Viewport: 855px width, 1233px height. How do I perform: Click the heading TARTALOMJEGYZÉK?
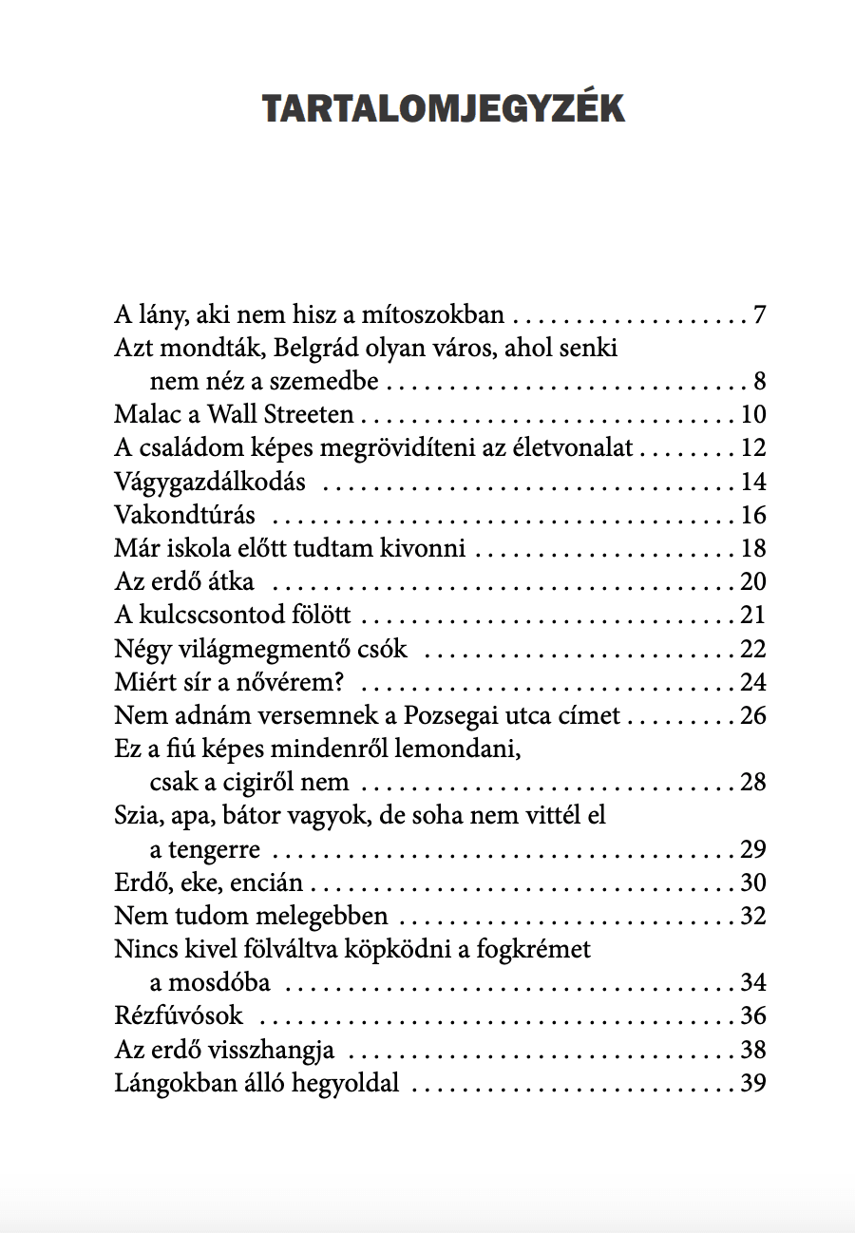[444, 109]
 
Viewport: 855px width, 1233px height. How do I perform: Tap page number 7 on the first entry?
[759, 314]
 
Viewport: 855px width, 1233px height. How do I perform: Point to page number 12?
[752, 448]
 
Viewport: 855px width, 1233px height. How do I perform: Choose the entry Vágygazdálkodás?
[210, 482]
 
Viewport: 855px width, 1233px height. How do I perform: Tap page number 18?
[752, 548]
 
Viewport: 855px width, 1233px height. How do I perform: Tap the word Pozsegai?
[473, 715]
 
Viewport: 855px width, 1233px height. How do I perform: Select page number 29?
[752, 849]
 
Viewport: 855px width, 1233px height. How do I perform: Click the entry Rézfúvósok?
[179, 1016]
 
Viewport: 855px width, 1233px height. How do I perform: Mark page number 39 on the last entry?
[752, 1083]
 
